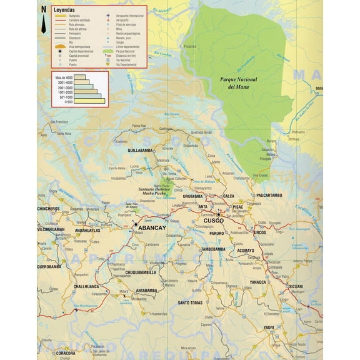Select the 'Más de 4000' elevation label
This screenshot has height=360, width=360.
tap(64, 76)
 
